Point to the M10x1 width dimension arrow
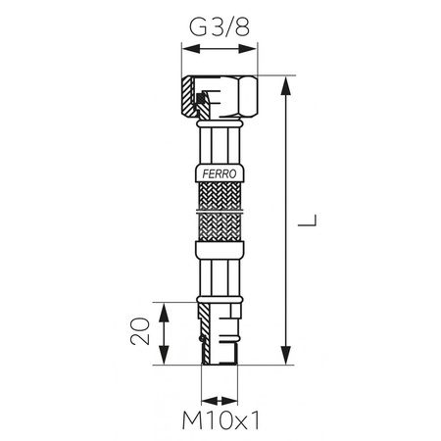tap(219, 401)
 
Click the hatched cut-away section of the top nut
tap(194, 98)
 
